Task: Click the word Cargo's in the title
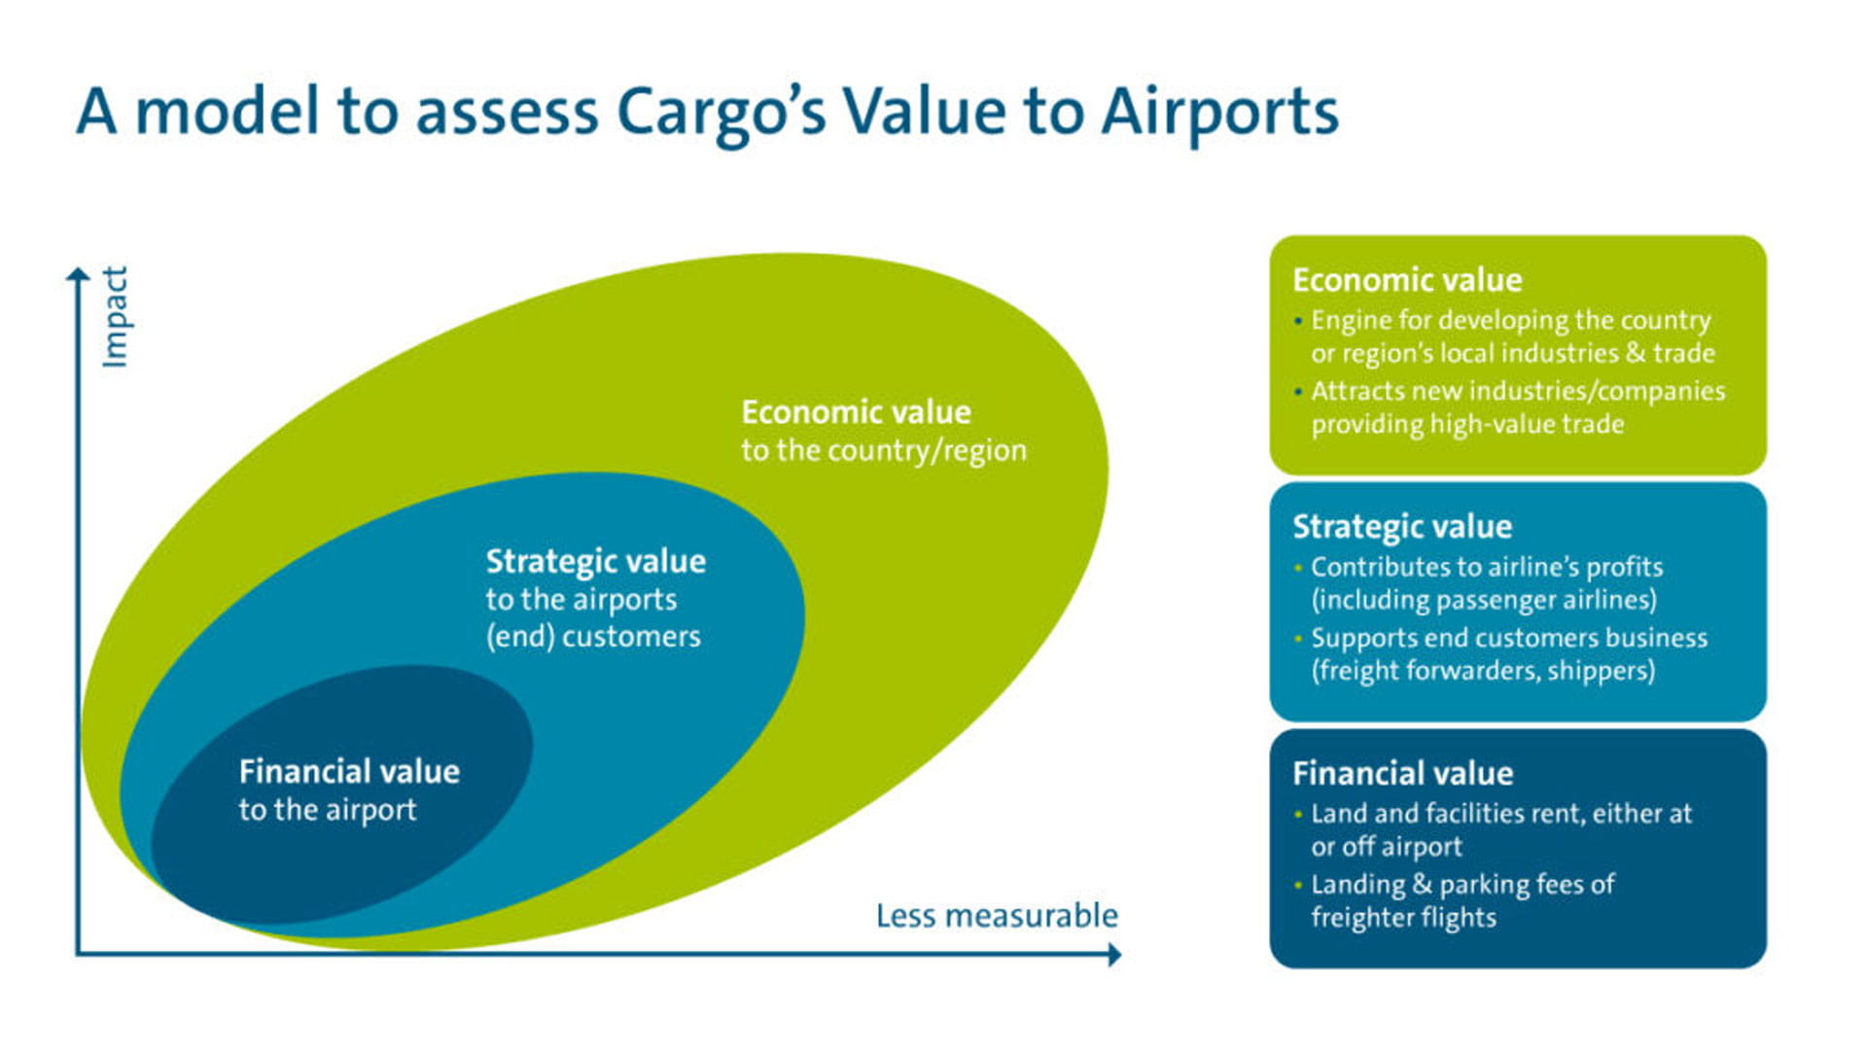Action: coord(721,112)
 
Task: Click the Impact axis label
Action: coord(115,317)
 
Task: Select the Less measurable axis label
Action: coord(997,916)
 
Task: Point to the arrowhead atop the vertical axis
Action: coord(78,275)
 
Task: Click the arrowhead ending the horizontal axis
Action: coord(1114,955)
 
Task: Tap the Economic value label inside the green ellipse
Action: coord(856,412)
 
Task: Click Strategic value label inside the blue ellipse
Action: coord(595,561)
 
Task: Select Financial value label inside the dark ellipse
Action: coord(349,772)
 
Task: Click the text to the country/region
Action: coord(883,451)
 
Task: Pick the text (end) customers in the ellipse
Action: coord(593,637)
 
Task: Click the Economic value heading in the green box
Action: coord(1406,280)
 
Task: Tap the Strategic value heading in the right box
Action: coord(1401,527)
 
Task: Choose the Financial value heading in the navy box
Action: coord(1402,774)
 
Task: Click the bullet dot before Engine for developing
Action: coord(1298,321)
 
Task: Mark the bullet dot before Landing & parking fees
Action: coord(1298,885)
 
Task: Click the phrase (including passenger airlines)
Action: coord(1483,600)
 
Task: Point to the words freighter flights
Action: coord(1402,918)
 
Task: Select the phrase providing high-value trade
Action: coord(1466,425)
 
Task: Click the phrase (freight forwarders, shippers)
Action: coord(1483,671)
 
